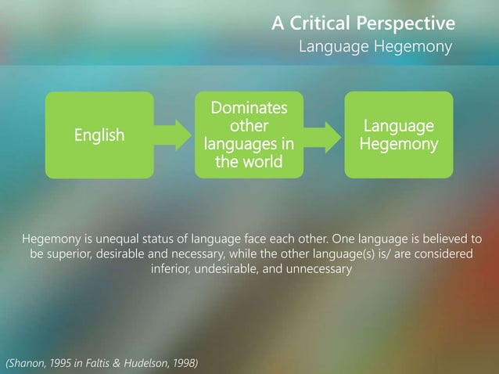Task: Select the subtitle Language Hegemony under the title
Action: click(375, 48)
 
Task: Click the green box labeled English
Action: click(99, 135)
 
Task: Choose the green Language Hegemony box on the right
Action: click(399, 135)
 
